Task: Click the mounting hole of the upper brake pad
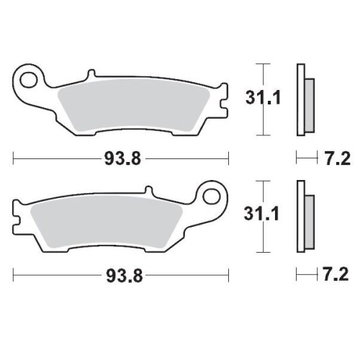coord(29,79)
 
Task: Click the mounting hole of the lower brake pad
coord(211,197)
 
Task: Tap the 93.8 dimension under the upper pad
coord(122,158)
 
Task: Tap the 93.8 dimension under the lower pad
coord(125,276)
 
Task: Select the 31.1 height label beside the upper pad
coord(263,98)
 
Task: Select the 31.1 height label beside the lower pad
coord(261,214)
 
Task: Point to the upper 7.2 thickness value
coord(337,158)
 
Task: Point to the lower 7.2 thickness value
coord(336,275)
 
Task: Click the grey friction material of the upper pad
coord(134,106)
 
